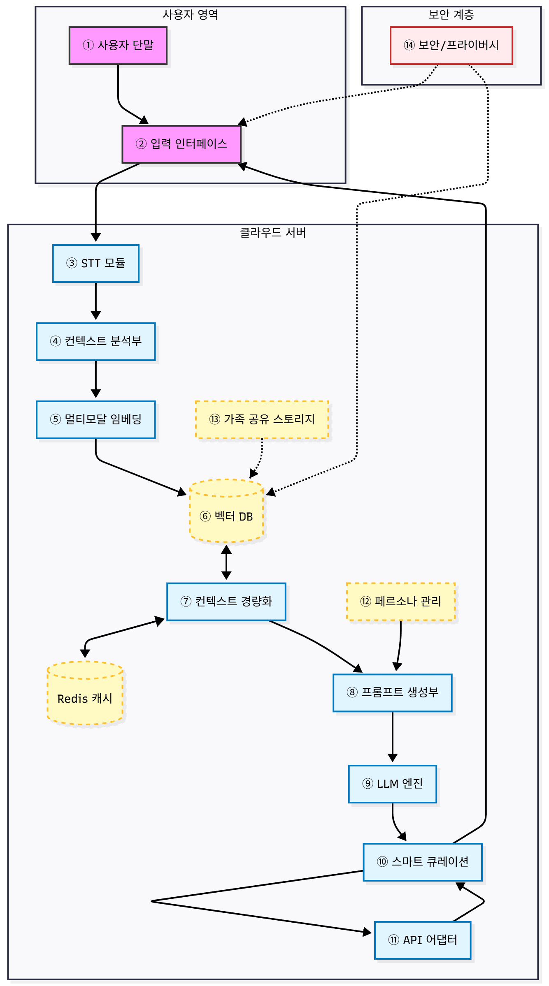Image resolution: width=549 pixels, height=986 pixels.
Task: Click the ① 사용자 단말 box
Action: pos(118,46)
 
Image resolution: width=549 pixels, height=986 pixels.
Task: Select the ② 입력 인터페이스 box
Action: pos(181,144)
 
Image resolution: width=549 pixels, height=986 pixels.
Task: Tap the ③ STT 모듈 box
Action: pos(96,264)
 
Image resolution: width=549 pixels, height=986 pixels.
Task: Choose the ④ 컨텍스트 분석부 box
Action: pos(96,342)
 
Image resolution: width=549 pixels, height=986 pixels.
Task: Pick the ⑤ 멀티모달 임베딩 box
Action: pos(96,420)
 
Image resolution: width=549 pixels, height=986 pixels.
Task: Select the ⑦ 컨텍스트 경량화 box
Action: pos(226,602)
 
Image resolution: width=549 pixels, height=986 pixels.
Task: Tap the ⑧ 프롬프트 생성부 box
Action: pos(393,693)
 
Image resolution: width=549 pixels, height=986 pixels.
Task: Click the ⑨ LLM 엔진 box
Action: pos(393,784)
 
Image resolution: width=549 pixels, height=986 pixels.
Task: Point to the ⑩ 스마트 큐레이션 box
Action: pos(423,862)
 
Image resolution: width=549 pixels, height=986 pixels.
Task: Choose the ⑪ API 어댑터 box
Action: pos(423,940)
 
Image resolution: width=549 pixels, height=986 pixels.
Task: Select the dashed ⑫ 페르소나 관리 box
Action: pos(401,602)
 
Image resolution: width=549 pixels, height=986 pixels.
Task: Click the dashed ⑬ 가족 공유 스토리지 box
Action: pos(262,420)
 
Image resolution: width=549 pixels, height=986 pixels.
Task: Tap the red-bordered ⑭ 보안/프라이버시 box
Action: pos(451,46)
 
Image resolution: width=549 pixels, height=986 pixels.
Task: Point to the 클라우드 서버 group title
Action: pos(273,233)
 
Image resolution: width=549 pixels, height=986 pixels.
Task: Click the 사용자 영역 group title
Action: pos(190,15)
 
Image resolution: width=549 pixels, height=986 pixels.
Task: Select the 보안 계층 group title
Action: pos(451,15)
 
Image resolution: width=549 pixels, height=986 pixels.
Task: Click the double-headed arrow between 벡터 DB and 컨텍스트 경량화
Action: pos(226,562)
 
